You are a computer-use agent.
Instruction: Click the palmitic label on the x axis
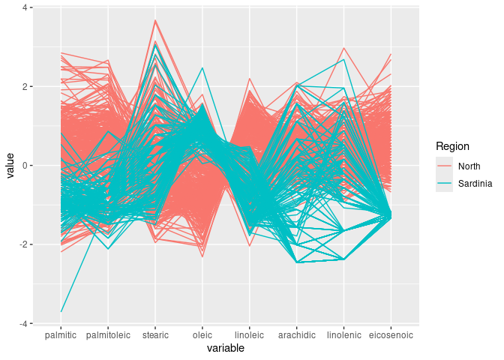click(x=61, y=334)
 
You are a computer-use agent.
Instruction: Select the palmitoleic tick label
click(x=108, y=334)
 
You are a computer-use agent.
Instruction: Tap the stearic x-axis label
click(x=155, y=334)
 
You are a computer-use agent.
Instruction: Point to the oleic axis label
click(x=202, y=334)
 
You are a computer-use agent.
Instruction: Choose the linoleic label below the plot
click(x=250, y=334)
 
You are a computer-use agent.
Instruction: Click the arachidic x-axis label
click(x=297, y=334)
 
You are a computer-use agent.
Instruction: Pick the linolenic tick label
click(x=344, y=334)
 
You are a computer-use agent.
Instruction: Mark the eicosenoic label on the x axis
click(x=391, y=334)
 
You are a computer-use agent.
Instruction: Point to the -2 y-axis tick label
click(x=23, y=244)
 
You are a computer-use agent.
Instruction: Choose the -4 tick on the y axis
click(x=23, y=324)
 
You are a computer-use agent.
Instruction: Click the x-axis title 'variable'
click(x=226, y=348)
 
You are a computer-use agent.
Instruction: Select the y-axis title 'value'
click(x=10, y=166)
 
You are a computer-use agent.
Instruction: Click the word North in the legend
click(x=469, y=166)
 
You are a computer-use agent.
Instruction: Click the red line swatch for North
click(x=445, y=166)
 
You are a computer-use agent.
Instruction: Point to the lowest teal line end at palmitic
click(x=61, y=311)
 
